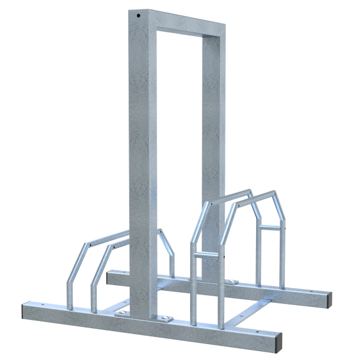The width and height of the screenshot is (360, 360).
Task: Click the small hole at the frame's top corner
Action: tap(139, 17)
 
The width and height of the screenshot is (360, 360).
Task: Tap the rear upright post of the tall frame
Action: tap(212, 148)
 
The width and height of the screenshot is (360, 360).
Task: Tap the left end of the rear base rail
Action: tap(112, 275)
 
